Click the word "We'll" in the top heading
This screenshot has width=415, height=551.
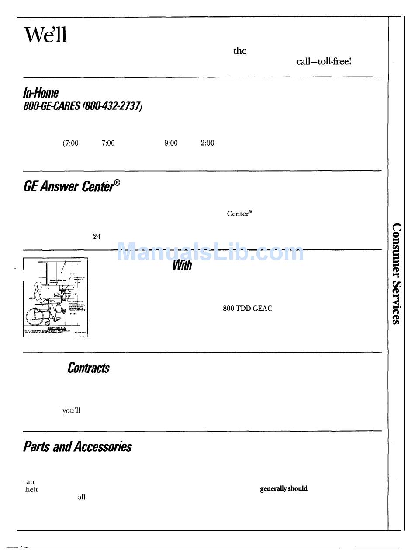[x=45, y=35]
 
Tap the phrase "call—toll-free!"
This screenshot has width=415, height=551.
[x=323, y=61]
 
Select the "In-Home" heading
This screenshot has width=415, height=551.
[x=41, y=93]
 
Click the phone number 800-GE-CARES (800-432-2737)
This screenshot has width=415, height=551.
[x=83, y=106]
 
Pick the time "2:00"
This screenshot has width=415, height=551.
[x=207, y=143]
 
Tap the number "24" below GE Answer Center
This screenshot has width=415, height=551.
[x=97, y=236]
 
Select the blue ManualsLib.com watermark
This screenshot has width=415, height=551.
[x=211, y=253]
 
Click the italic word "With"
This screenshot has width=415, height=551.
[x=182, y=265]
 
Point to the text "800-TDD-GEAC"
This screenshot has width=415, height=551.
[x=247, y=309]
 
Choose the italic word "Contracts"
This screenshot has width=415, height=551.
[x=88, y=368]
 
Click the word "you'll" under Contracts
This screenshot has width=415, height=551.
[x=71, y=411]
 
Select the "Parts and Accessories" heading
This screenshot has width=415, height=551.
[x=77, y=447]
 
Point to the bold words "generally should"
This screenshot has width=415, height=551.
[x=284, y=488]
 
